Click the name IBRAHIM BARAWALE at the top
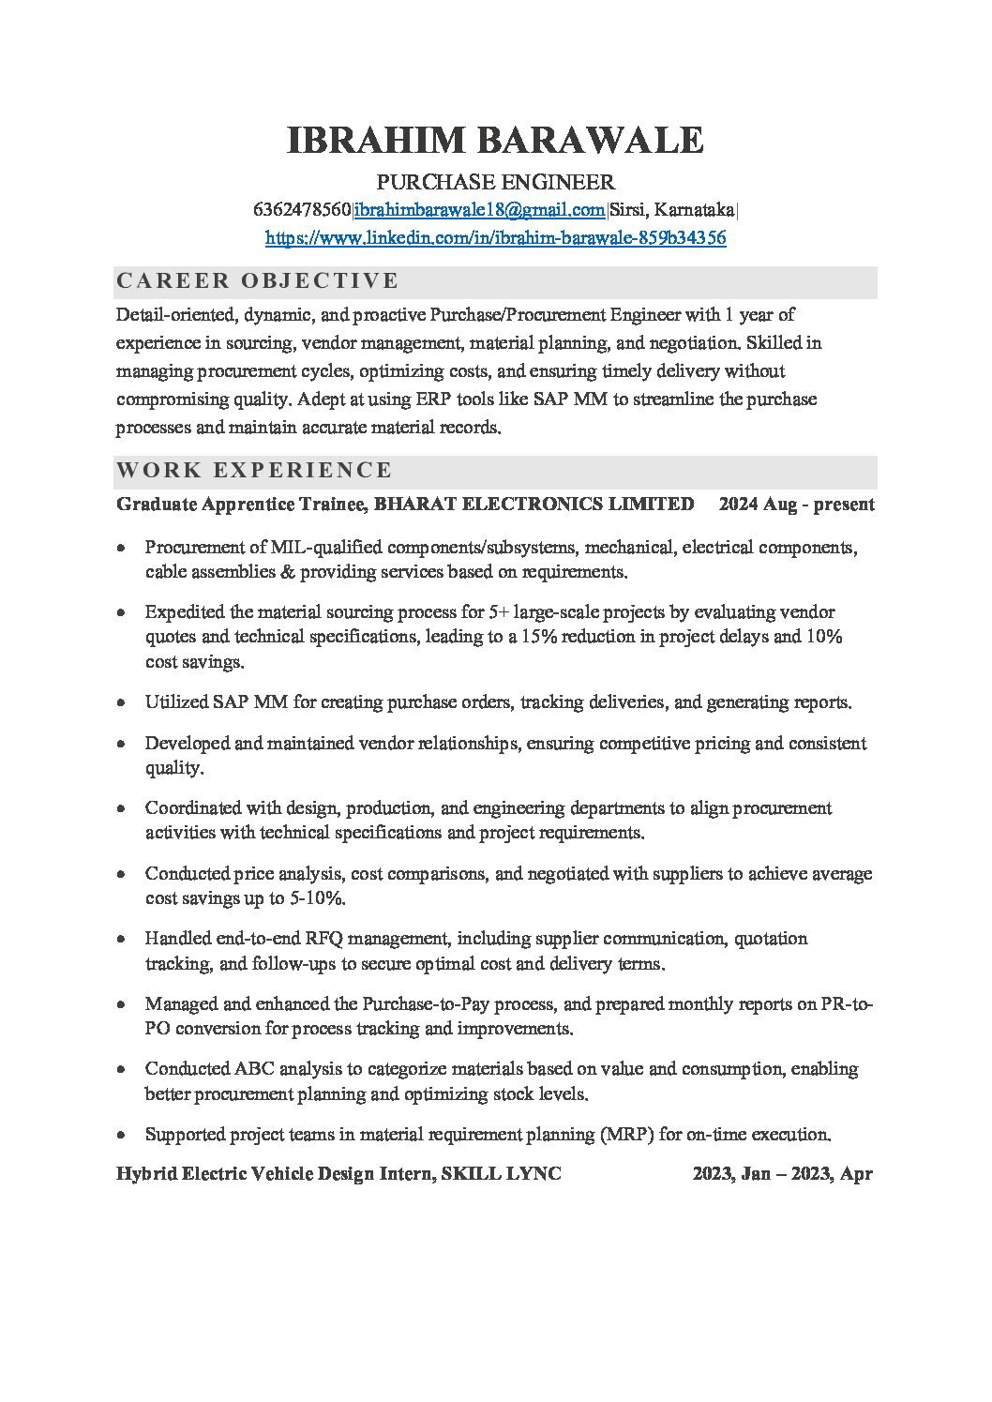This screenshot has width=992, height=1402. pyautogui.click(x=495, y=141)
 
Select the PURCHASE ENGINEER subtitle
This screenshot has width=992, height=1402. pyautogui.click(x=495, y=182)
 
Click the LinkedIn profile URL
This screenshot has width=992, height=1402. pyautogui.click(x=495, y=238)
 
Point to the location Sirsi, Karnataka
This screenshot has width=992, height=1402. pyautogui.click(x=672, y=209)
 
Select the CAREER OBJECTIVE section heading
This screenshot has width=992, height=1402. pyautogui.click(x=257, y=280)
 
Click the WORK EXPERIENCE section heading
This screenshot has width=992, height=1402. pyautogui.click(x=254, y=470)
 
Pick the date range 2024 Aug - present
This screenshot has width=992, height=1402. pyautogui.click(x=796, y=505)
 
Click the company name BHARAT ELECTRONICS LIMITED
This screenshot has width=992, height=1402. pyautogui.click(x=534, y=505)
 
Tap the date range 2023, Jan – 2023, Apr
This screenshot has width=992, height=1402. pyautogui.click(x=782, y=1174)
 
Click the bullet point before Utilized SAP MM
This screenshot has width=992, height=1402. pyautogui.click(x=122, y=702)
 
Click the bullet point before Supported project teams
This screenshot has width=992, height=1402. pyautogui.click(x=122, y=1135)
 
